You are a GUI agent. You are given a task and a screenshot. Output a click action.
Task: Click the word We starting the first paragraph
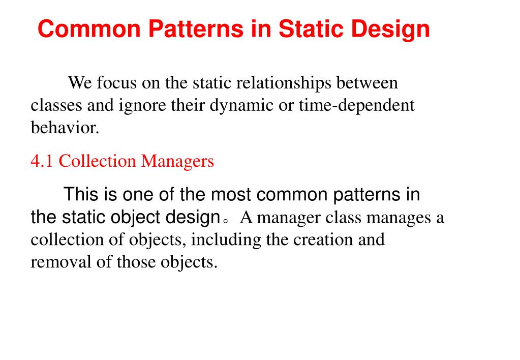[x=80, y=82]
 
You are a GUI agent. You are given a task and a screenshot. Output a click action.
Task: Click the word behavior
[x=65, y=128]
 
